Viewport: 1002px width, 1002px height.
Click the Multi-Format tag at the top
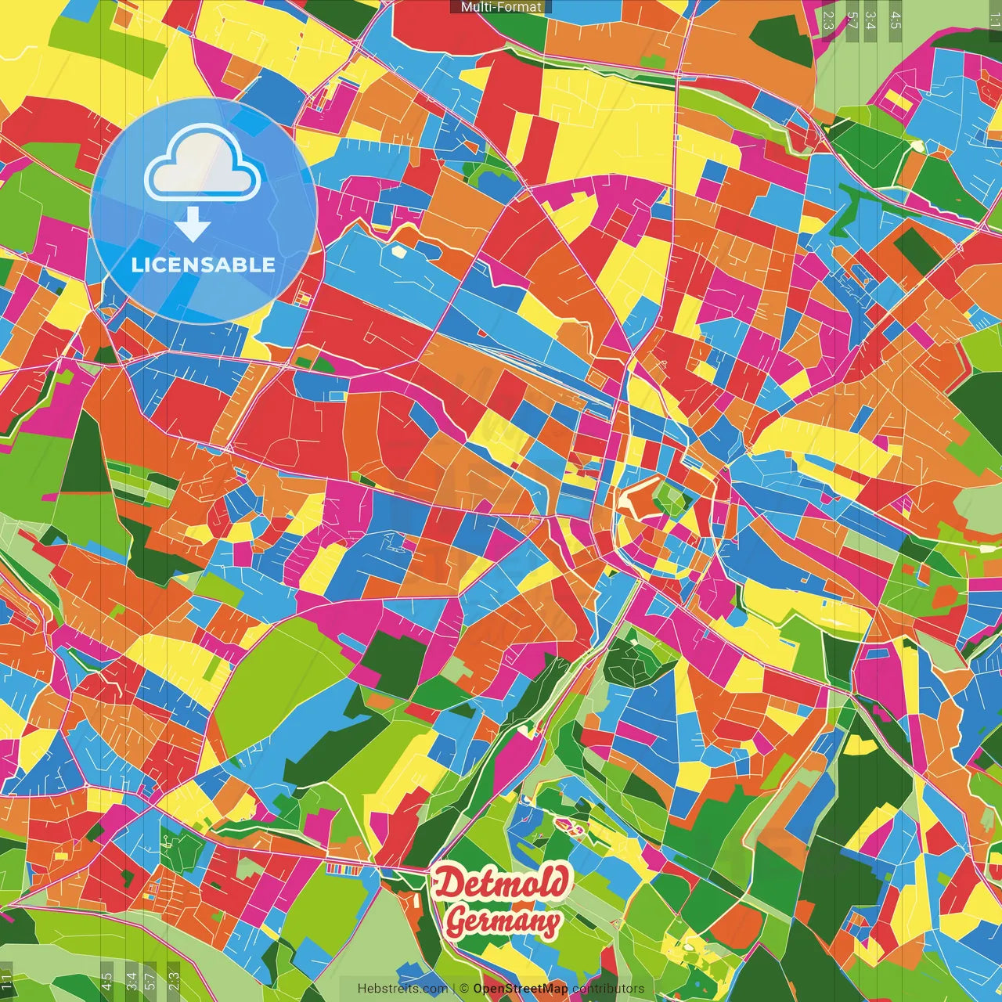[501, 7]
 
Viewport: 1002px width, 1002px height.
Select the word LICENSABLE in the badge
[204, 265]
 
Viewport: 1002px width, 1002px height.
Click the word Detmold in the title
[501, 883]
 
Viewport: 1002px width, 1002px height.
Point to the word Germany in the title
[503, 922]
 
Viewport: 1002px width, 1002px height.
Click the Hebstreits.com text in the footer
[402, 989]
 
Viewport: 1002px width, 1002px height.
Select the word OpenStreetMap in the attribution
[521, 989]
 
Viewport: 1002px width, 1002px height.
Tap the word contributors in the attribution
[608, 989]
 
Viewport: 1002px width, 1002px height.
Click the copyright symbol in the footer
[464, 989]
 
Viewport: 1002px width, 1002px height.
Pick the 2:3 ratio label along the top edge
[828, 20]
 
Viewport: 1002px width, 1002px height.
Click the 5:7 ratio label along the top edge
[851, 20]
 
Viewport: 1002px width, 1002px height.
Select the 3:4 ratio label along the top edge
[870, 20]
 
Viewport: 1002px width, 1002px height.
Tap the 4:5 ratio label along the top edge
[896, 20]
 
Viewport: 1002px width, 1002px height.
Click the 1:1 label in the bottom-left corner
[7, 979]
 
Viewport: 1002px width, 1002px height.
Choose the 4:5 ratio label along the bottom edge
[106, 981]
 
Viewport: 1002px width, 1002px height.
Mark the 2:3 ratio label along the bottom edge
[174, 981]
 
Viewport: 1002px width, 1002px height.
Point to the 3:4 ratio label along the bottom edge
[132, 981]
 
